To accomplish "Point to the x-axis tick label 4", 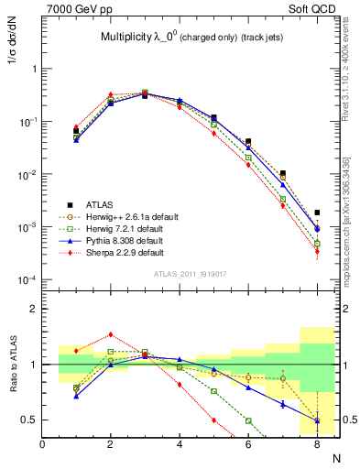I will click(x=180, y=444).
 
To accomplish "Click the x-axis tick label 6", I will click(x=248, y=444).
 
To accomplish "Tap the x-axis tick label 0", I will click(x=43, y=444).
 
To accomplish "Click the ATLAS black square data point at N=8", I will click(x=317, y=213).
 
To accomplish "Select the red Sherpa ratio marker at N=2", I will click(x=111, y=334).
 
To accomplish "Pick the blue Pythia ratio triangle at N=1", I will click(x=76, y=396).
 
